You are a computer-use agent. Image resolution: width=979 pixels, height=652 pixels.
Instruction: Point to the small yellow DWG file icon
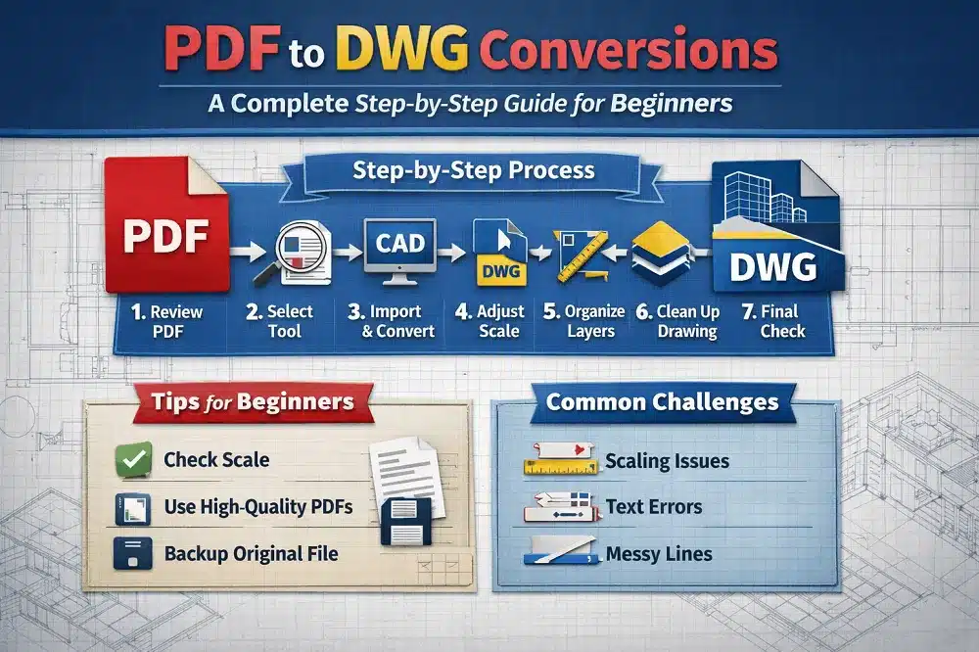(x=498, y=252)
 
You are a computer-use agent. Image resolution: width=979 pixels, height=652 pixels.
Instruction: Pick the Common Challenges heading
(x=662, y=401)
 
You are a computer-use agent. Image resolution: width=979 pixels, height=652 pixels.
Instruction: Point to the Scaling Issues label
(x=667, y=460)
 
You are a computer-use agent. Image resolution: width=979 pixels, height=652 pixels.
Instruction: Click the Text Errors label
(x=653, y=507)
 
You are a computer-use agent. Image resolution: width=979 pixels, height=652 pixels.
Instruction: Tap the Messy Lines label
(x=659, y=554)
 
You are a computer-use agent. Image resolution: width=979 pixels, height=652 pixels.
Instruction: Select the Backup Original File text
(x=251, y=554)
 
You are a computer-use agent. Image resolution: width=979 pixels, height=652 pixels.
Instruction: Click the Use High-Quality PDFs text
(x=258, y=507)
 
